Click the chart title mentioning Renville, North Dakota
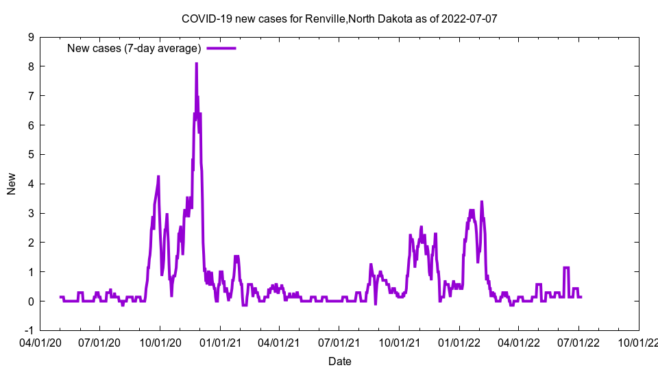point(339,18)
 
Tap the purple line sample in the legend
point(221,48)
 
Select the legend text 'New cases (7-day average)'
point(134,48)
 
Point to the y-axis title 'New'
point(12,184)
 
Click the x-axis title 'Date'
point(339,361)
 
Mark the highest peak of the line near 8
point(196,64)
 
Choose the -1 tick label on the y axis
point(29,330)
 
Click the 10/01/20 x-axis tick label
point(160,343)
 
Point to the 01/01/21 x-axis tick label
point(220,343)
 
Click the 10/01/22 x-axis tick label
point(638,343)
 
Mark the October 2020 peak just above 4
point(158,177)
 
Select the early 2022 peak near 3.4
point(482,201)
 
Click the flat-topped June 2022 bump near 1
point(566,268)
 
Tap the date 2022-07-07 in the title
point(470,18)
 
